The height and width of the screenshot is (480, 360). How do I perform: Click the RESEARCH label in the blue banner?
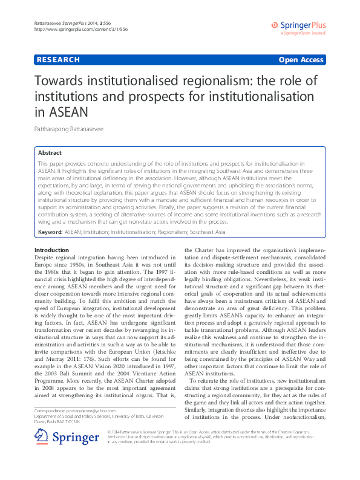pos(58,60)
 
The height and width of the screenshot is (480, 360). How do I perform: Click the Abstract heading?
pos(50,153)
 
